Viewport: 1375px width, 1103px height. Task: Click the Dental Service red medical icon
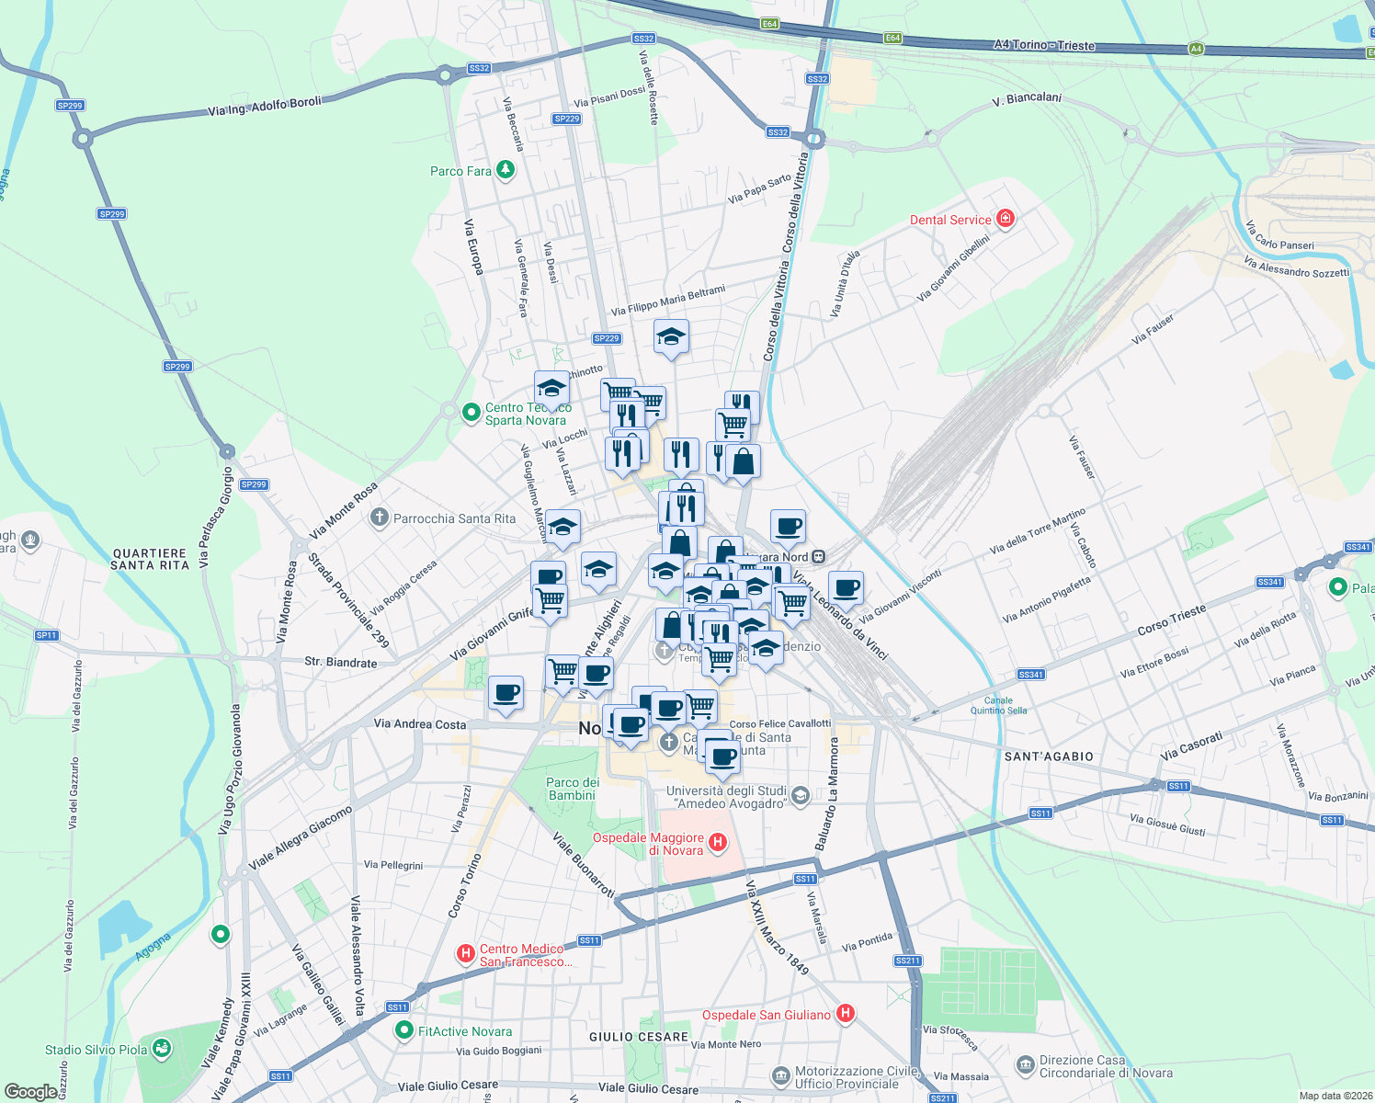click(x=1006, y=219)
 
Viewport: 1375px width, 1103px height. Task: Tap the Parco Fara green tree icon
click(x=505, y=170)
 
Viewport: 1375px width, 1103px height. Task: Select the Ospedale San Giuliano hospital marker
click(x=846, y=1014)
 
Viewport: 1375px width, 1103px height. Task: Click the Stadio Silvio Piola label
click(x=96, y=1050)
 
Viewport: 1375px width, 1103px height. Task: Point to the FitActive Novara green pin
click(x=403, y=1031)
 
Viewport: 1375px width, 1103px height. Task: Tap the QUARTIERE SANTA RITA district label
click(x=150, y=559)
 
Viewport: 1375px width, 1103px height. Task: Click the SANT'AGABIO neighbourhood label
click(x=1049, y=756)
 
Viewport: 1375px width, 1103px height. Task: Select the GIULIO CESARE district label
click(x=639, y=1037)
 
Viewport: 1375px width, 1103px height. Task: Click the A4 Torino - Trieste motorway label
click(x=1044, y=45)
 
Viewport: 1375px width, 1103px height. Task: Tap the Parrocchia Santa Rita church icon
click(x=379, y=517)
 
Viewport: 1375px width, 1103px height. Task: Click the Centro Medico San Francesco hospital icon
click(x=466, y=954)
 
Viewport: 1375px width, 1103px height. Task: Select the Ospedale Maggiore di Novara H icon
click(x=719, y=842)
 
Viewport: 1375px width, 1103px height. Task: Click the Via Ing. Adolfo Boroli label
click(x=265, y=107)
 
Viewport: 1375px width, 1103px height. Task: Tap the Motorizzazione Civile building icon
click(x=781, y=1075)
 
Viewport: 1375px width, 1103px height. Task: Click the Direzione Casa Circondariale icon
click(x=1026, y=1065)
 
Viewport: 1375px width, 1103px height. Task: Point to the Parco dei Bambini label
click(x=573, y=789)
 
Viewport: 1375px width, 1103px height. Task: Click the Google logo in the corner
click(x=30, y=1092)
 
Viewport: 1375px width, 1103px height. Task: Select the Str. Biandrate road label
click(x=340, y=662)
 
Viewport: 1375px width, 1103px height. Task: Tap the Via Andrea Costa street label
click(x=420, y=724)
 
